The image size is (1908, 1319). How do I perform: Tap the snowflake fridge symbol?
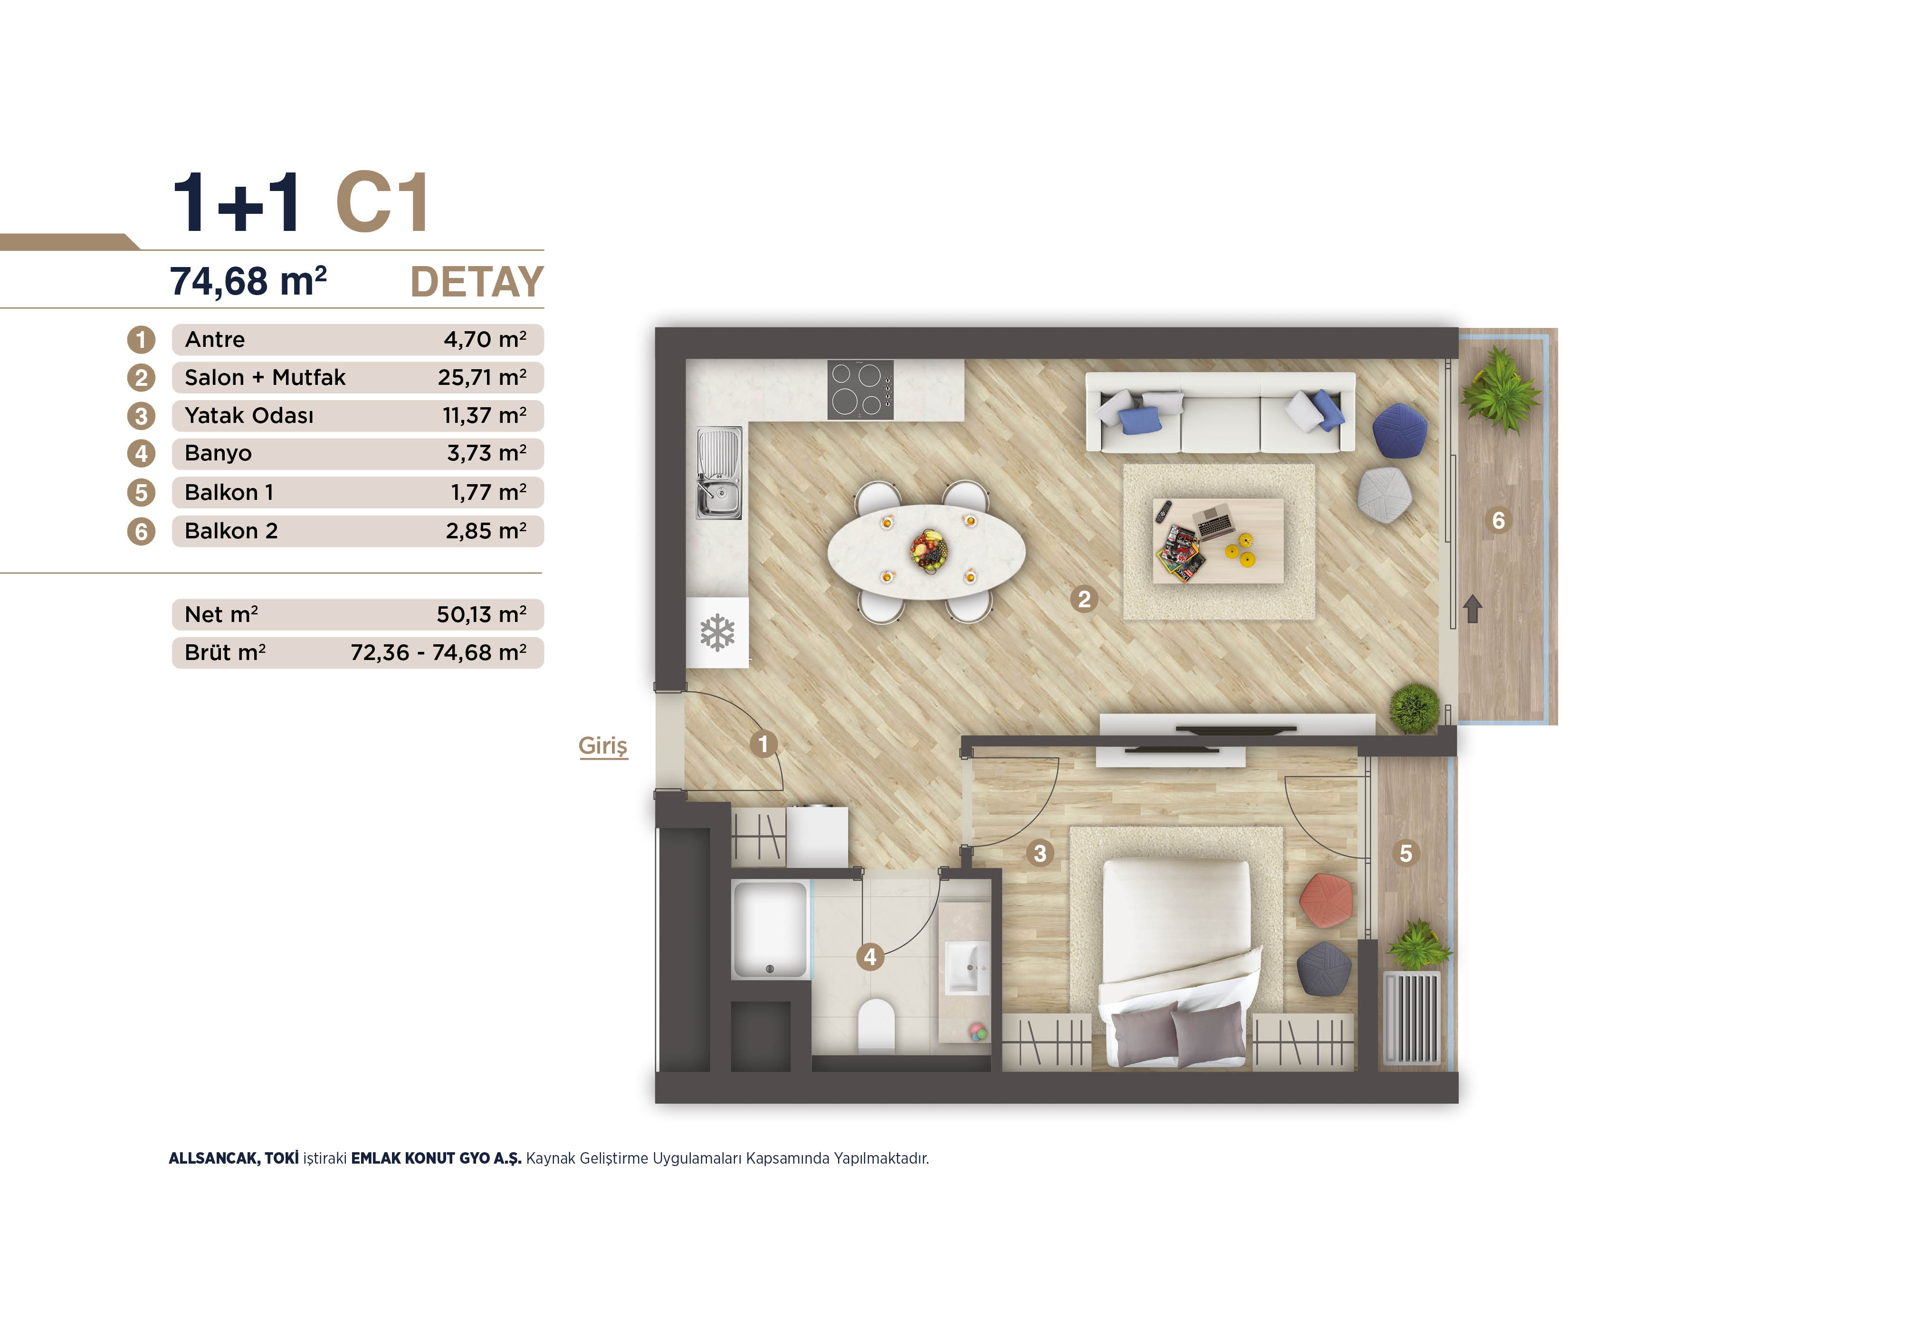pos(717,632)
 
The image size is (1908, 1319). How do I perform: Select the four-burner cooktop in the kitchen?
pos(860,389)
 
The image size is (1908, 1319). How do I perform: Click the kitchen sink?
pos(718,473)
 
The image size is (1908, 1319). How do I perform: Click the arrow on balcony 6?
pos(1472,609)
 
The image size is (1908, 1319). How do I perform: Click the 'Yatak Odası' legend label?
pos(249,416)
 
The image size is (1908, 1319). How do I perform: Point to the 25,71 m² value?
pos(482,378)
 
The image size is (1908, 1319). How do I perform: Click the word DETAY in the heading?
pos(477,283)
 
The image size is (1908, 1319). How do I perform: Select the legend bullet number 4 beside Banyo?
pos(141,454)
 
